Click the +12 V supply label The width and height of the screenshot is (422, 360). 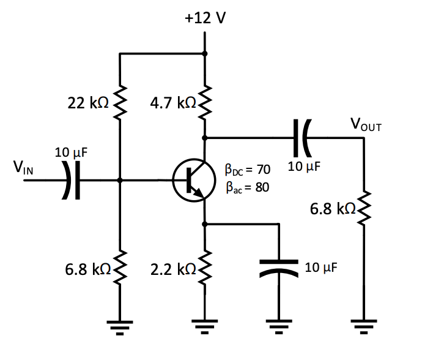tap(205, 17)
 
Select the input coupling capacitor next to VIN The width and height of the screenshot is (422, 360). tap(73, 181)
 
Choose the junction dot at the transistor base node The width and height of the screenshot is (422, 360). tap(120, 181)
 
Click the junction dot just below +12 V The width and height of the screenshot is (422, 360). tap(204, 54)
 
